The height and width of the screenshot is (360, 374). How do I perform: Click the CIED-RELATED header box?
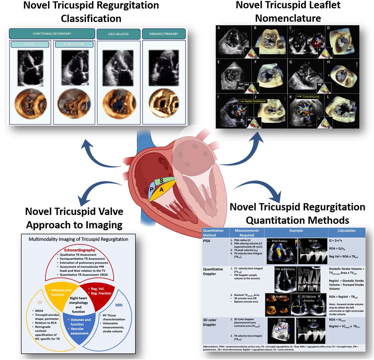tap(118, 34)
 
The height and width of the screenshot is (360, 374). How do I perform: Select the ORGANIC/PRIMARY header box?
tap(164, 34)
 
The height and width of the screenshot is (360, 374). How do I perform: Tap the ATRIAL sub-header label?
tap(30, 45)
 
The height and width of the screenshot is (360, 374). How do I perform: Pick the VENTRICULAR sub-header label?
tap(74, 45)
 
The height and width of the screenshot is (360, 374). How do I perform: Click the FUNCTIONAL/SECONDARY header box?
tap(52, 34)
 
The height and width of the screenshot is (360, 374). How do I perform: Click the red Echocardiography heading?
tap(79, 250)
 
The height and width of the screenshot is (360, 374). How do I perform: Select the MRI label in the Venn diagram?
tap(119, 305)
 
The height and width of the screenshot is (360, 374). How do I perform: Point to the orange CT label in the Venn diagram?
tap(40, 303)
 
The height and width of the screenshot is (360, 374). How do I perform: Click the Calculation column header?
tap(347, 231)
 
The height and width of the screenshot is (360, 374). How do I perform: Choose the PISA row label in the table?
tap(207, 241)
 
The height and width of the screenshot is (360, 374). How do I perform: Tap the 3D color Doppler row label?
tap(210, 322)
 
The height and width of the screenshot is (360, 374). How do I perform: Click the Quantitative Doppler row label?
tap(213, 271)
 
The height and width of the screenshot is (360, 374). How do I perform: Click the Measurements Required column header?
tap(247, 233)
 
